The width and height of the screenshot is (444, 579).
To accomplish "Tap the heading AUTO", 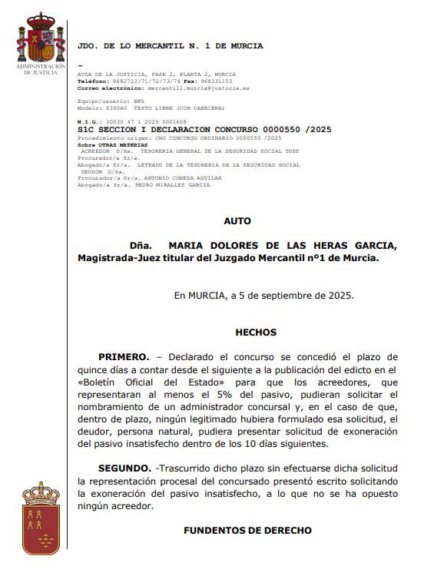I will pos(237,221).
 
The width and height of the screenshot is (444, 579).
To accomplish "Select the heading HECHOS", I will pos(255,333).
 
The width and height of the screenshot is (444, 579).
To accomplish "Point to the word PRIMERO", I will pos(123,357).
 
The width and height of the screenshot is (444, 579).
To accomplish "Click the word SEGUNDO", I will pos(124,468).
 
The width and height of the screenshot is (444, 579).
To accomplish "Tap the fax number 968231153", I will pos(217,81).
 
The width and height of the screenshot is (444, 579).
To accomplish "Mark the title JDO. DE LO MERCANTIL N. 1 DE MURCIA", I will pos(170,46).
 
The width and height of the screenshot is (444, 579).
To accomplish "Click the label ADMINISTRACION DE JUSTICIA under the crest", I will pos(41,70).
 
